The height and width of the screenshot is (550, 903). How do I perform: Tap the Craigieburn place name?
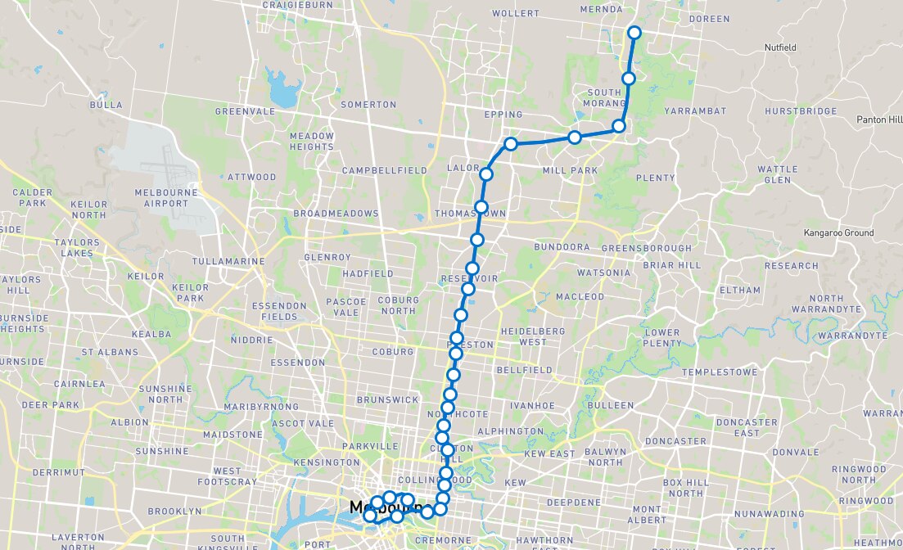point(296,5)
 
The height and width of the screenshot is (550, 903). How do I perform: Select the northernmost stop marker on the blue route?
point(634,33)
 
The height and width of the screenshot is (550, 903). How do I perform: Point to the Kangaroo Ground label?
point(838,233)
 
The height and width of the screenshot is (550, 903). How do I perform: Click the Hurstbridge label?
point(801,111)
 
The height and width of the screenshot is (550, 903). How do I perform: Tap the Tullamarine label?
point(228,261)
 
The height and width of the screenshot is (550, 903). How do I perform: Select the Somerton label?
point(368,105)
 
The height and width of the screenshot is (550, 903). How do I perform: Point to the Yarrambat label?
point(695,110)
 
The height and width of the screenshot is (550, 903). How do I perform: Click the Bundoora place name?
point(562,246)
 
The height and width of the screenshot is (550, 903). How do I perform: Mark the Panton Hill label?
point(877,119)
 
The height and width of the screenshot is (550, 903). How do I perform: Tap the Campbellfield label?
point(385,170)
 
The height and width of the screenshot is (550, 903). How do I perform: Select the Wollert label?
point(517,14)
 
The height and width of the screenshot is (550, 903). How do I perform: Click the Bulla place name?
point(107,105)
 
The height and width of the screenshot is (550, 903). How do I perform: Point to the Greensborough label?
point(646,248)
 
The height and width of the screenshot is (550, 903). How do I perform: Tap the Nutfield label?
point(780,47)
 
